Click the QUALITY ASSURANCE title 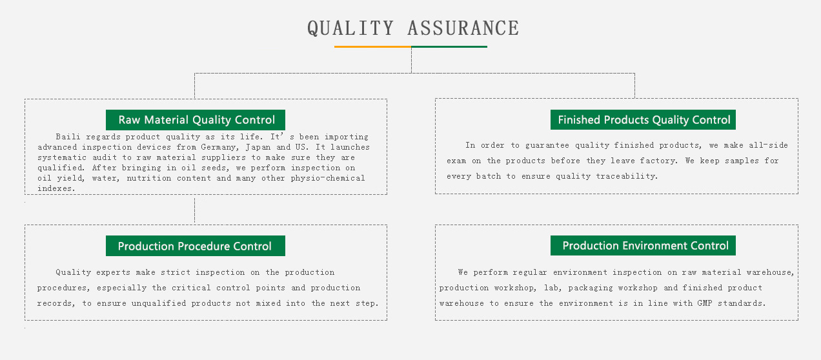(x=413, y=28)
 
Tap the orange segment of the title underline (x=373, y=47)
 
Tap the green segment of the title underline (x=449, y=47)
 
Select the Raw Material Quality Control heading (x=196, y=120)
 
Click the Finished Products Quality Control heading (x=643, y=120)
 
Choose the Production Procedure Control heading (x=196, y=246)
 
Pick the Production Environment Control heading (x=643, y=245)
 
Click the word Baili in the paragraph (x=68, y=137)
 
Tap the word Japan (x=258, y=147)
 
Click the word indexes (x=56, y=188)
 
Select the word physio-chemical (x=328, y=178)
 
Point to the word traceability (x=627, y=176)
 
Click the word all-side (x=768, y=145)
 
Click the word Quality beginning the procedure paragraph (x=73, y=272)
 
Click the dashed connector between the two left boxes (x=195, y=210)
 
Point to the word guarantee (x=547, y=145)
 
